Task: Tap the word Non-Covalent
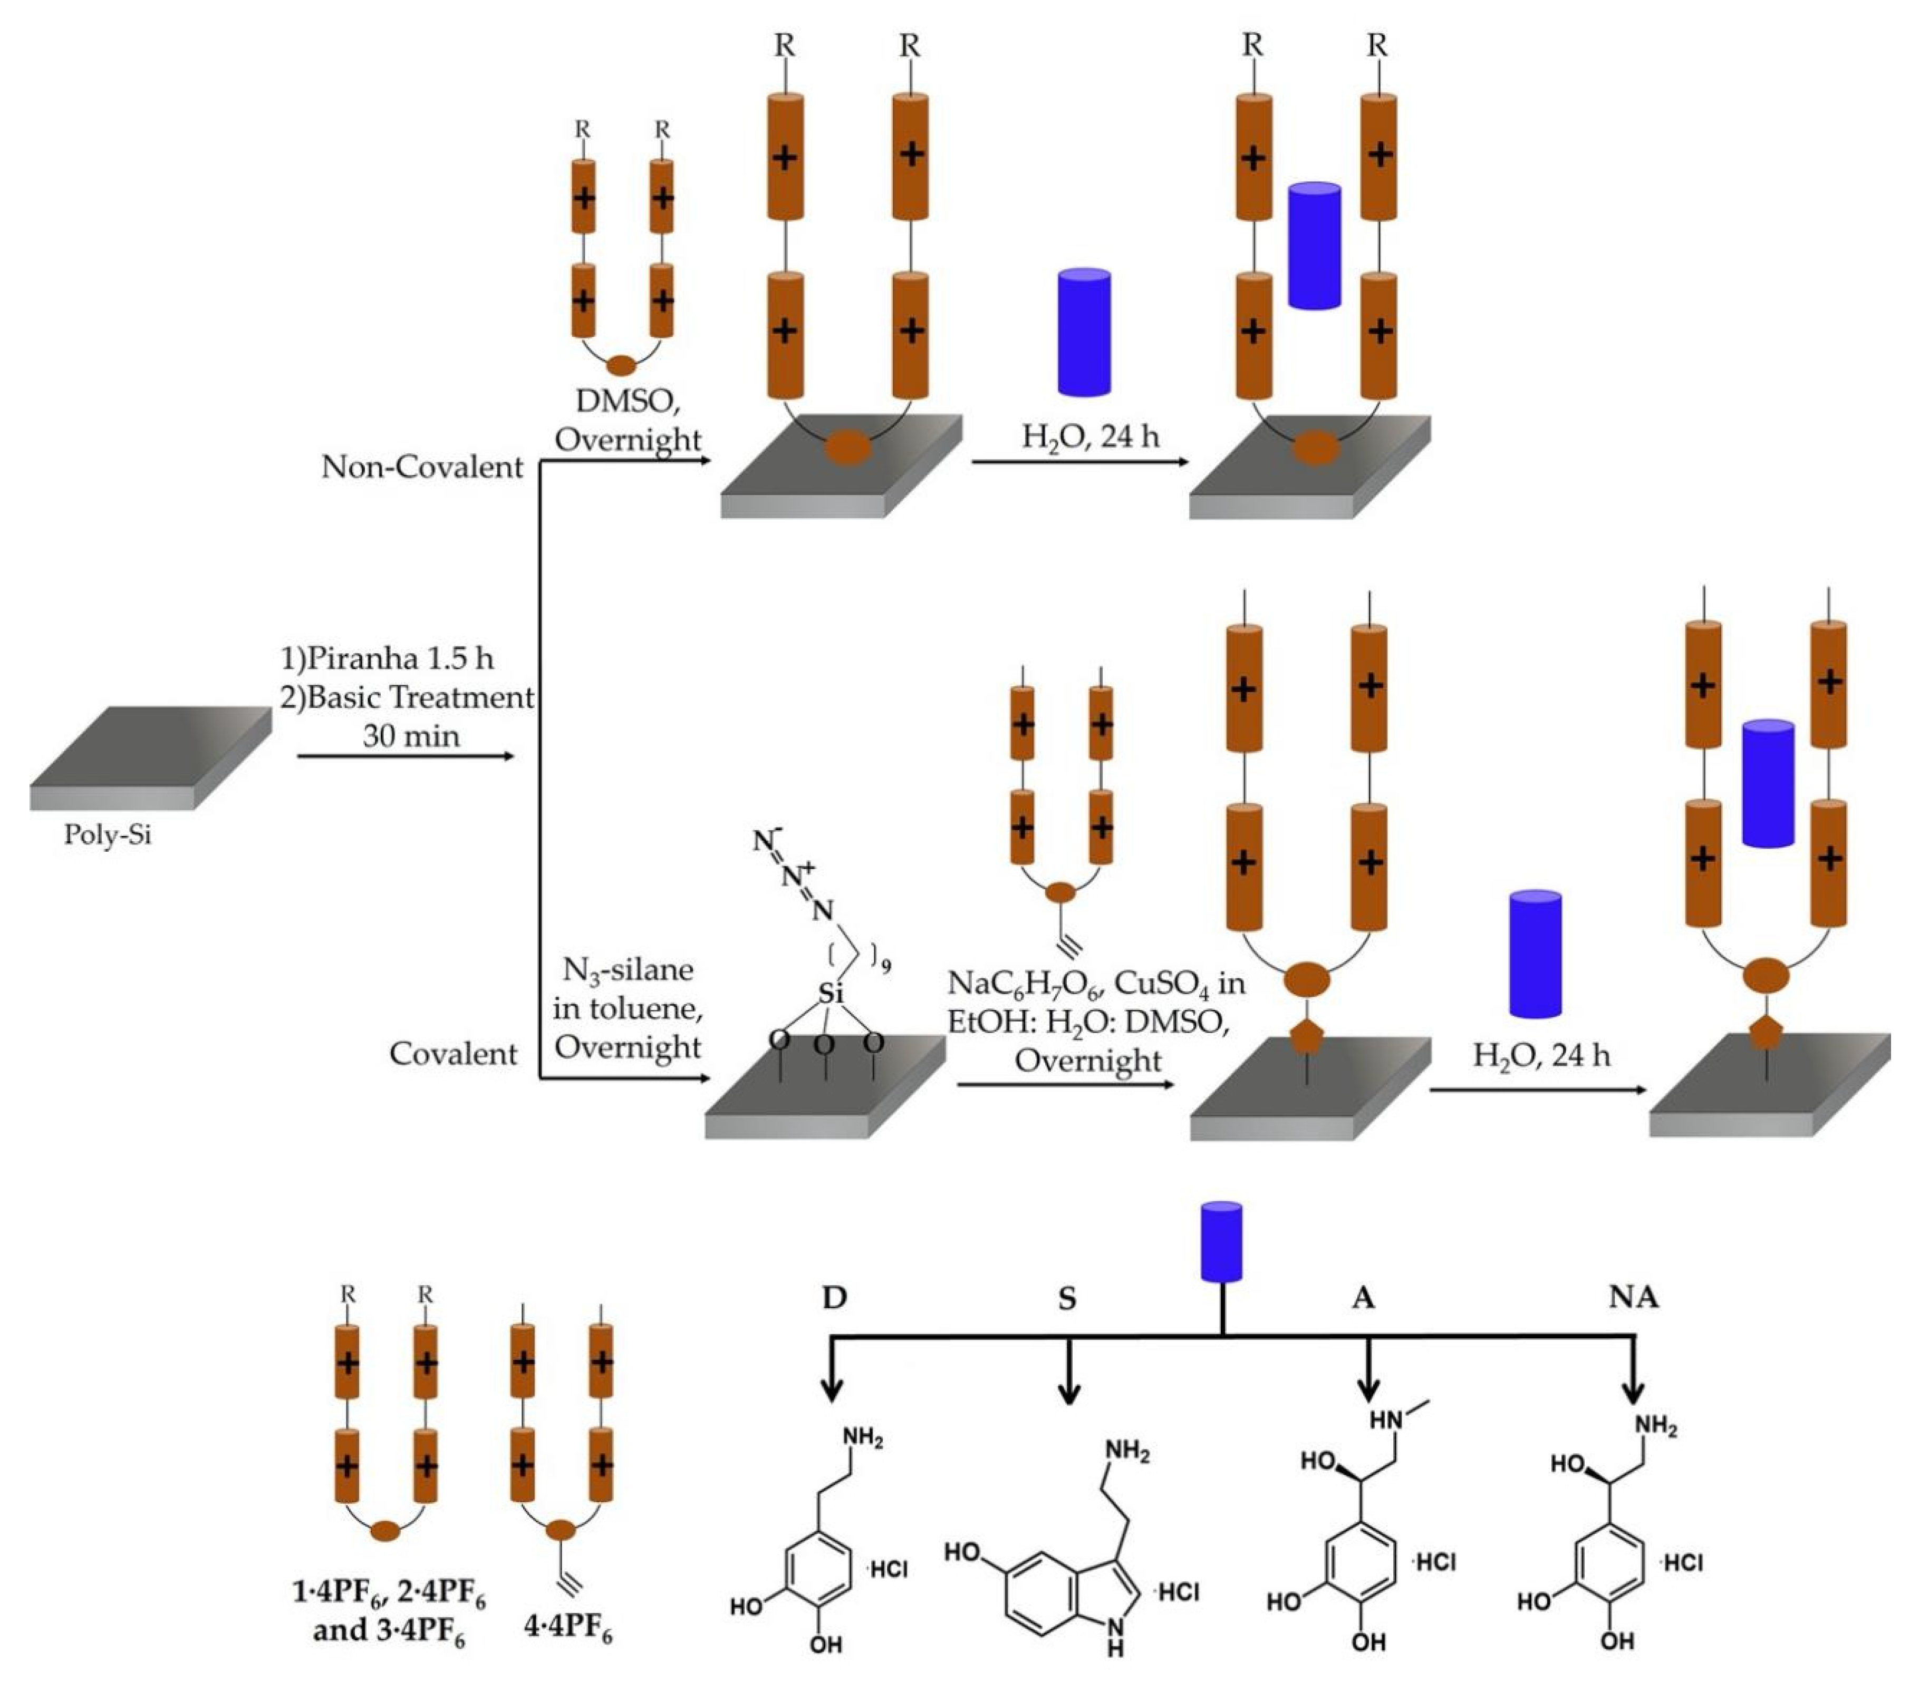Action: point(421,466)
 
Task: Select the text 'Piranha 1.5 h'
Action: point(399,658)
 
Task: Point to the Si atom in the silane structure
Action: point(830,993)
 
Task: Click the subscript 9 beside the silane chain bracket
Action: point(886,965)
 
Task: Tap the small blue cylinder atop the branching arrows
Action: point(1221,1241)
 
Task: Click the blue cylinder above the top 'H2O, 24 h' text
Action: point(1084,332)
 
